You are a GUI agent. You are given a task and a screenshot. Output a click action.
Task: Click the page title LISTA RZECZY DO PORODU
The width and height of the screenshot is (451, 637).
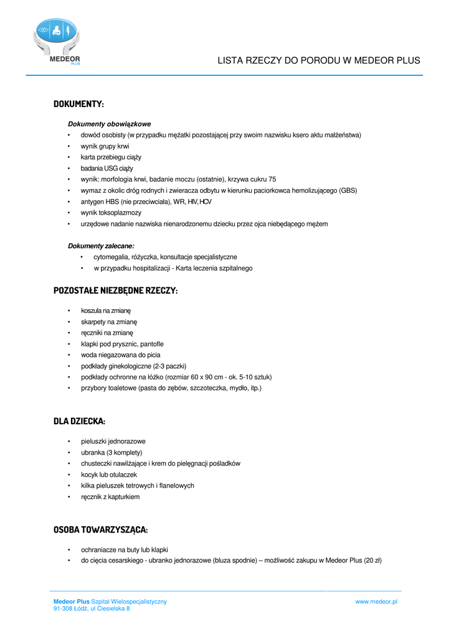[318, 61]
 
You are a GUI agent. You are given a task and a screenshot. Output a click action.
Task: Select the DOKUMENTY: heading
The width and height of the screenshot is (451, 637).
[78, 103]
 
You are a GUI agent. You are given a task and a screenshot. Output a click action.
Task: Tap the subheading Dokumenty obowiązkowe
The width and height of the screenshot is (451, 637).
[109, 124]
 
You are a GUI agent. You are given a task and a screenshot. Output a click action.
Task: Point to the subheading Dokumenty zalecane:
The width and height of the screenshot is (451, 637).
[101, 246]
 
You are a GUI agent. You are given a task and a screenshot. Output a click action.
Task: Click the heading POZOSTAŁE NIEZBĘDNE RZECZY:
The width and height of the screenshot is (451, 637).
[115, 291]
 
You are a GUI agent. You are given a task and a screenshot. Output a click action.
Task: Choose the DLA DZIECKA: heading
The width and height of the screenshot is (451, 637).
[79, 421]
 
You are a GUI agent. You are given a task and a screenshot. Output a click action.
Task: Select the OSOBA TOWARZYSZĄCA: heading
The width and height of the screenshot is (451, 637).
[100, 529]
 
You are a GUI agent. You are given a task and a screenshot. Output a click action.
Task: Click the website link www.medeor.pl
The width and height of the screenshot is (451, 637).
[376, 602]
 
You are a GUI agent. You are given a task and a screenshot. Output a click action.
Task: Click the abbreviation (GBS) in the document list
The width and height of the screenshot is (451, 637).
[348, 190]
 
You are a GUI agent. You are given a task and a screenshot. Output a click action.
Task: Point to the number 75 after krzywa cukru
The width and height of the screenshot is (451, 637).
[272, 179]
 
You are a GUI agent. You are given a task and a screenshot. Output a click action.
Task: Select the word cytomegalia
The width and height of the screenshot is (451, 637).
[110, 257]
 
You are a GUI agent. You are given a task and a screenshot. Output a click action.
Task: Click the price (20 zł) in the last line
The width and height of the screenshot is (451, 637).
[373, 560]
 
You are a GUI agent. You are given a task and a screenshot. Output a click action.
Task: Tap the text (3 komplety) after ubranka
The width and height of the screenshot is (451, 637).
[123, 452]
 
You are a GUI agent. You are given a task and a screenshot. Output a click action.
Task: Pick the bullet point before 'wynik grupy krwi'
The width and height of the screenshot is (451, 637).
[69, 146]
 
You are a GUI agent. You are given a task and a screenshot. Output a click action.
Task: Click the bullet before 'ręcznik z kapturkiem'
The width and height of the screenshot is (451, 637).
[69, 497]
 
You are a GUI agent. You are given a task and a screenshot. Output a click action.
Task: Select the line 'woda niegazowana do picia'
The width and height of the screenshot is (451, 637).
[120, 355]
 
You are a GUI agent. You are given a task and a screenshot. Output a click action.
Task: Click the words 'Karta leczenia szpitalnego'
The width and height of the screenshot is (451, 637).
[214, 268]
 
